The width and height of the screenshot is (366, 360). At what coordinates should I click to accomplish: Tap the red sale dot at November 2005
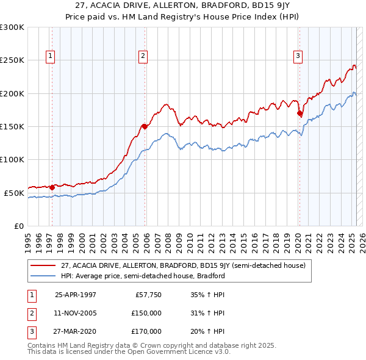tap(145, 127)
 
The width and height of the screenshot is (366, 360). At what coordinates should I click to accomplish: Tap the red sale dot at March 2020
tap(300, 113)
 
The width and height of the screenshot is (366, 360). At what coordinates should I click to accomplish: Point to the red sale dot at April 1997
tap(52, 187)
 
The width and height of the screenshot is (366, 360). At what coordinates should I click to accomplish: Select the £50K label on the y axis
tap(14, 193)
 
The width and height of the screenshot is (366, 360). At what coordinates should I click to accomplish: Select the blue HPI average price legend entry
tap(143, 276)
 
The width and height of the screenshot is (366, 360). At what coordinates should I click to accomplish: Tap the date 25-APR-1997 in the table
tap(75, 295)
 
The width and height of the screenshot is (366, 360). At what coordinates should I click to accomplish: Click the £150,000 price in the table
tap(147, 313)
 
